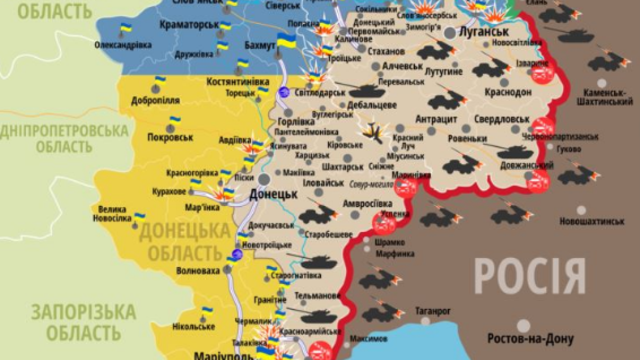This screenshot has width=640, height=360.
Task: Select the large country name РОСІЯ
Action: [x=529, y=277]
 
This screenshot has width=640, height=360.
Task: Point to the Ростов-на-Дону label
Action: [x=530, y=339]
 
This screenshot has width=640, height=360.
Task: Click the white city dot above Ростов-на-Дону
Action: [x=523, y=326]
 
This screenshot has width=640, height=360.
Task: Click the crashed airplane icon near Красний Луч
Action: [x=373, y=131]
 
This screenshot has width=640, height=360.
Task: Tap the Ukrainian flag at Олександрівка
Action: [x=125, y=28]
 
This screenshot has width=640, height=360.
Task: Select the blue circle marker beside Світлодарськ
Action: [x=284, y=92]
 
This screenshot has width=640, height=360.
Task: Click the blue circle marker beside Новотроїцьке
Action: [x=237, y=254]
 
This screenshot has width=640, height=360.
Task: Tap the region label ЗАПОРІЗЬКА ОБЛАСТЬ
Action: [x=83, y=321]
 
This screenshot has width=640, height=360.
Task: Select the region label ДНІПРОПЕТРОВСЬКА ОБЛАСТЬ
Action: [x=64, y=139]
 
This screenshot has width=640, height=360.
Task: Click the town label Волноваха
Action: [x=198, y=270]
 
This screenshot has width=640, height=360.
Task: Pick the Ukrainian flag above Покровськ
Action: [x=174, y=121]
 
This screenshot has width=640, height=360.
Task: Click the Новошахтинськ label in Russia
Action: [x=592, y=221]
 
